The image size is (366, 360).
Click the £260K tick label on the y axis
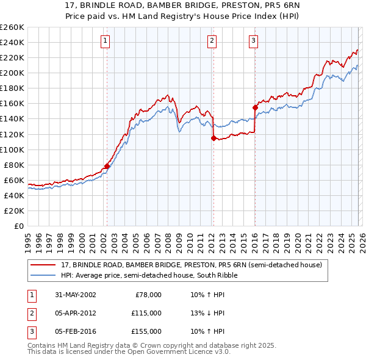click(12, 27)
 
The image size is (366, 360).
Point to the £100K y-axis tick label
click(12, 149)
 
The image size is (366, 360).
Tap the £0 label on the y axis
click(19, 226)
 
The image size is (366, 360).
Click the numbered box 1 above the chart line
click(106, 41)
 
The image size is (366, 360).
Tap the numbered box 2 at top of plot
click(212, 41)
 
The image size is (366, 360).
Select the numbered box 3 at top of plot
click(253, 41)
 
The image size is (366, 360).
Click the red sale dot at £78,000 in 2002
click(107, 166)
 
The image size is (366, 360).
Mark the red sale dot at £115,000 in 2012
click(213, 138)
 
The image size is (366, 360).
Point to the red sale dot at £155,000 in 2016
click(255, 107)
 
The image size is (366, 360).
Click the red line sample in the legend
click(44, 265)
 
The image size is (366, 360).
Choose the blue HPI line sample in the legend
click(44, 275)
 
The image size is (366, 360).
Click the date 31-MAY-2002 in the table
click(76, 294)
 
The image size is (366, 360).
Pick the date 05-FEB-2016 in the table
click(76, 331)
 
